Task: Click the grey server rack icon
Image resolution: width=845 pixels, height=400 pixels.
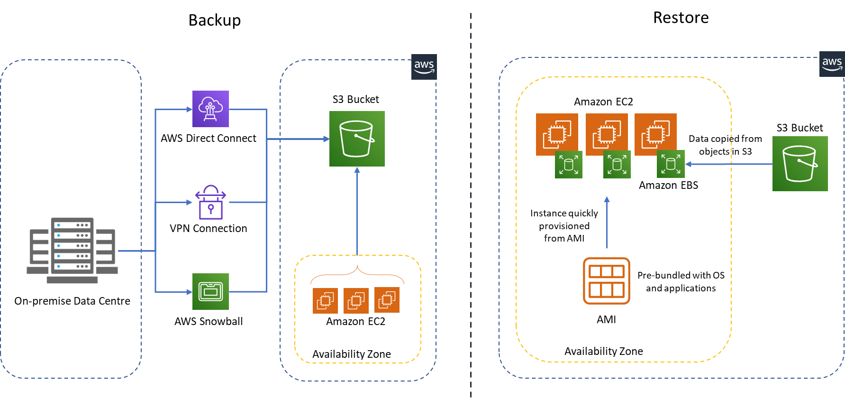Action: click(72, 250)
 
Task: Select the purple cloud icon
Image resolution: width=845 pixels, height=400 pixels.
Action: click(210, 109)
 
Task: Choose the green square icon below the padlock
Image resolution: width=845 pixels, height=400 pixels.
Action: click(210, 291)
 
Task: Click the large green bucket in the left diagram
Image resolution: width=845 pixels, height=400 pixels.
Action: click(357, 139)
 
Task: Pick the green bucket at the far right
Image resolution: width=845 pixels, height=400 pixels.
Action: click(800, 164)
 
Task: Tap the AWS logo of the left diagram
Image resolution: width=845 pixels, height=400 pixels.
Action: click(424, 67)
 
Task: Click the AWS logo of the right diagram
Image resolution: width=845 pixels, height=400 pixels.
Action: click(832, 64)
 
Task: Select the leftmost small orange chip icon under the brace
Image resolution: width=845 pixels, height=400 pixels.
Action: click(325, 300)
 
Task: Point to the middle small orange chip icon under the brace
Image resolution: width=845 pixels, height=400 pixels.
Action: click(356, 300)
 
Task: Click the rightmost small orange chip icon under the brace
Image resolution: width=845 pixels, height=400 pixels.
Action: click(387, 300)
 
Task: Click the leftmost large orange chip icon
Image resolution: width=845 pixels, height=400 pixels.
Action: click(557, 134)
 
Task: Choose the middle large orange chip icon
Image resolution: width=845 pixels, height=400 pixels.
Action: click(607, 134)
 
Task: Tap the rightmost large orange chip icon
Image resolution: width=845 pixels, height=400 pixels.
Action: click(655, 134)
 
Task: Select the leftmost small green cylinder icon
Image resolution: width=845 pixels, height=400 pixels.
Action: click(569, 165)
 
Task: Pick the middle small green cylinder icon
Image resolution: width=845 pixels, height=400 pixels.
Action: click(617, 165)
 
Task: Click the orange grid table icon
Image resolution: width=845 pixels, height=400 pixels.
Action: click(607, 281)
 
